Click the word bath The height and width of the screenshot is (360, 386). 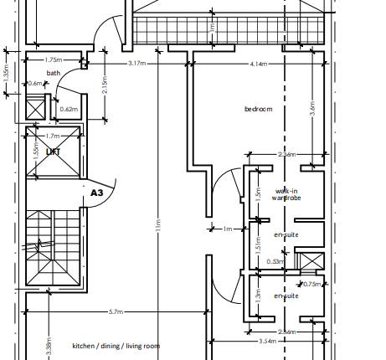[54, 73]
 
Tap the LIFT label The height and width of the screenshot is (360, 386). [54, 152]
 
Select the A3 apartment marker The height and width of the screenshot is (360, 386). [97, 192]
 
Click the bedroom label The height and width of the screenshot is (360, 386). [259, 110]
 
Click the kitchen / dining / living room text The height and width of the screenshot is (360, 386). [116, 345]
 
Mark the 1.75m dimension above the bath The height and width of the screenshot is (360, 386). [53, 59]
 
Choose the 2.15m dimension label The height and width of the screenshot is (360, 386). [104, 86]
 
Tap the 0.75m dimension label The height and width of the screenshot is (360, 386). [312, 284]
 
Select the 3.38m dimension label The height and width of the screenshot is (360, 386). [49, 347]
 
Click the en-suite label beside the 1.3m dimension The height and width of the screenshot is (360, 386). [286, 296]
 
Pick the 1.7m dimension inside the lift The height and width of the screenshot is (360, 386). [53, 135]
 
